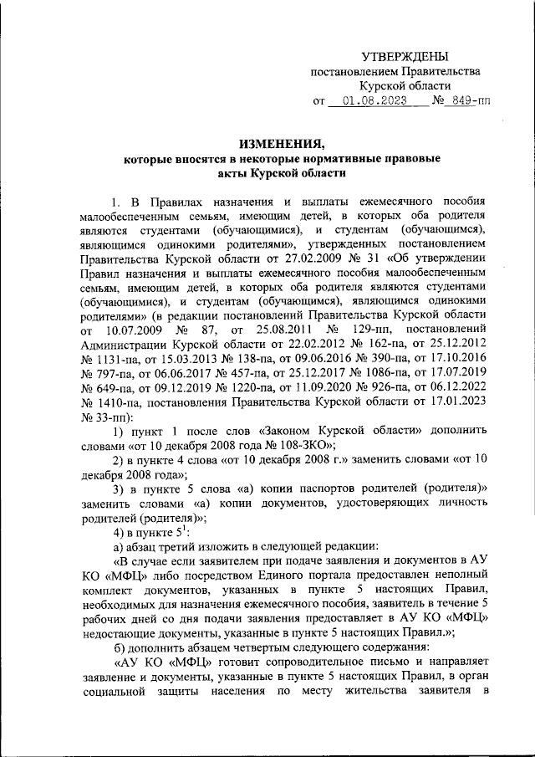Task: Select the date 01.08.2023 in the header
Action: pos(368,102)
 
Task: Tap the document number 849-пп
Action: pos(467,102)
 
